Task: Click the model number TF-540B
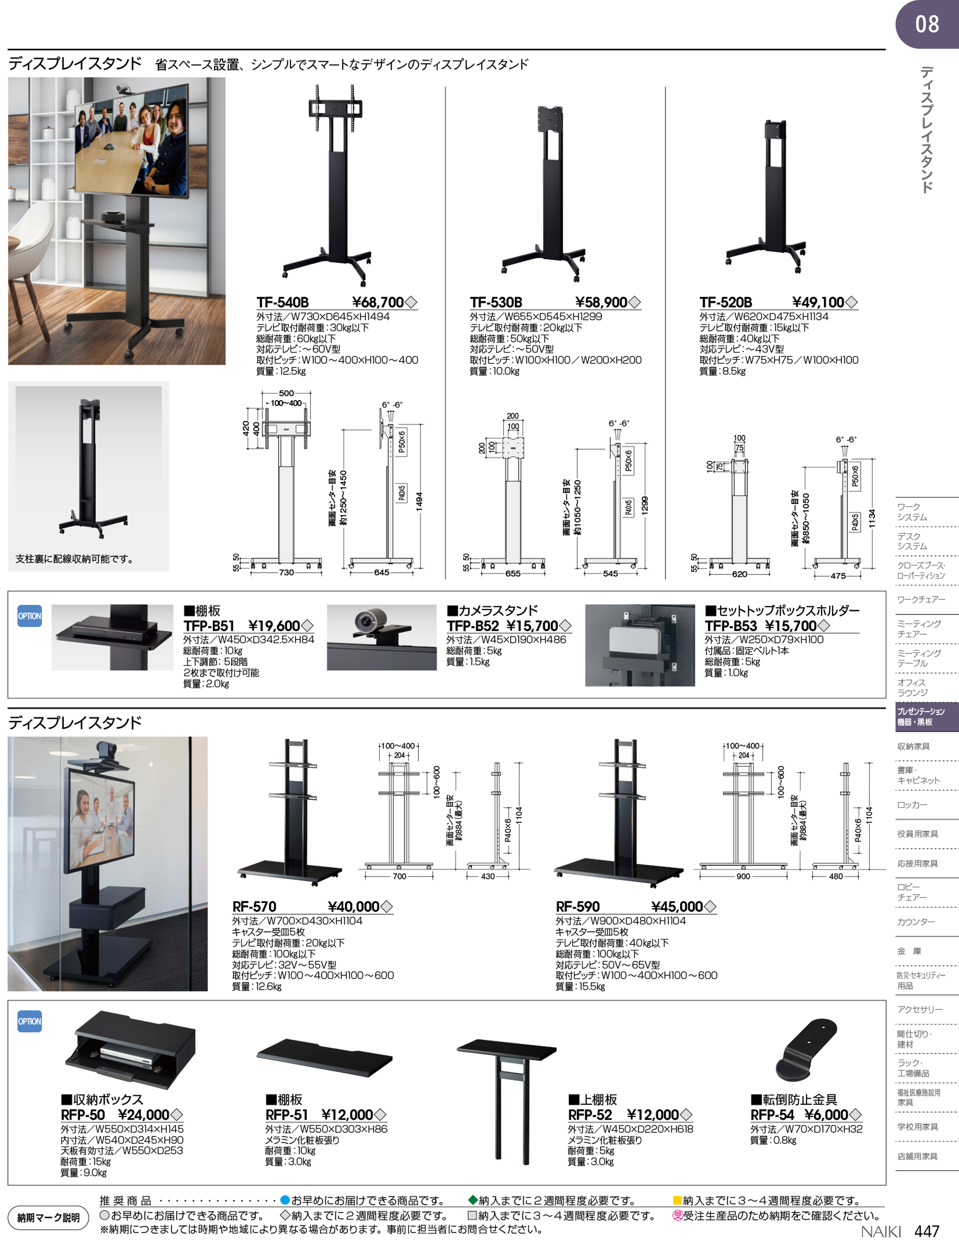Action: [x=282, y=302]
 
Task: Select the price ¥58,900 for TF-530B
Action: [x=601, y=302]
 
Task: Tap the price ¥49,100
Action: [x=818, y=302]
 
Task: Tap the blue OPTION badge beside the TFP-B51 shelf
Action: [x=30, y=616]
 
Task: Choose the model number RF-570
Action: [x=254, y=907]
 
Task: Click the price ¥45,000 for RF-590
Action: [x=677, y=907]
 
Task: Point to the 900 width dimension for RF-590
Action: [x=743, y=876]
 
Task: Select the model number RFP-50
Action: [x=83, y=1115]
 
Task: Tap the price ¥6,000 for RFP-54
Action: [x=826, y=1115]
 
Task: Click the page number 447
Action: [x=927, y=1231]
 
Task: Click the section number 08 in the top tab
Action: [x=927, y=24]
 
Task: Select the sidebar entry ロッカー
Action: [x=912, y=805]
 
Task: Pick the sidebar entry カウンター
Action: [x=916, y=921]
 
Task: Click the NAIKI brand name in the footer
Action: [x=881, y=1232]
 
